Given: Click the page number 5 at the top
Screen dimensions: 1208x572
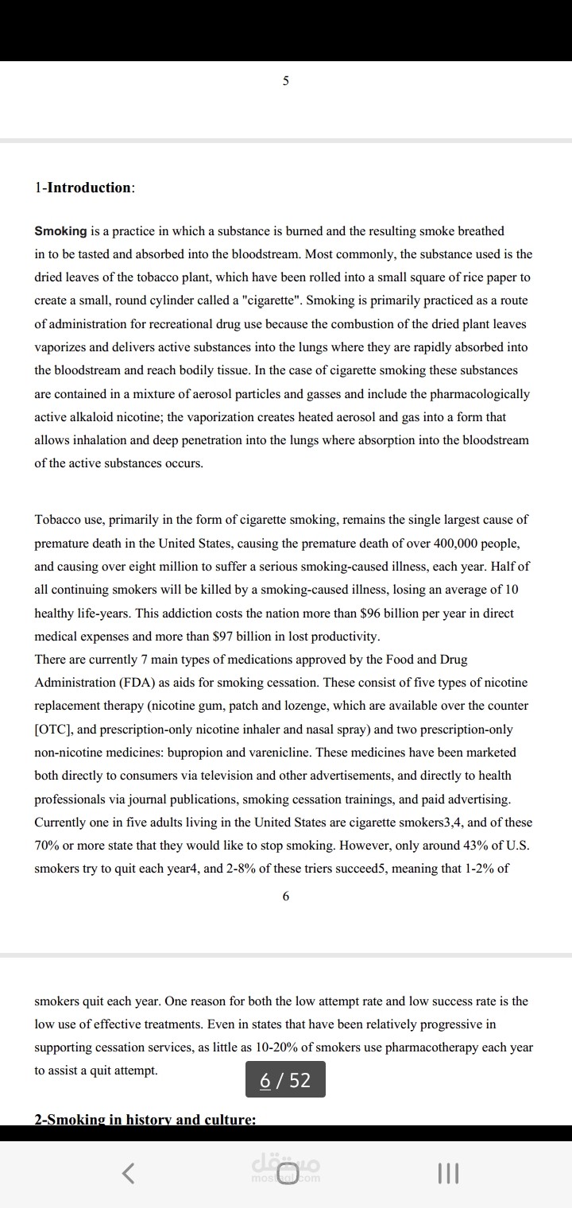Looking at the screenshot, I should [x=286, y=80].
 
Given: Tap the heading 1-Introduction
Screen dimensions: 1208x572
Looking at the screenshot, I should [x=84, y=188].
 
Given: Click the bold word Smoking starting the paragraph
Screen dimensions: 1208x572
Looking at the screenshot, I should [x=60, y=231].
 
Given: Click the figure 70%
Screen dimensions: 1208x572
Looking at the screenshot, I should [x=49, y=845].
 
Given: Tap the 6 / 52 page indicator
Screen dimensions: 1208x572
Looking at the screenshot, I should [x=285, y=1080].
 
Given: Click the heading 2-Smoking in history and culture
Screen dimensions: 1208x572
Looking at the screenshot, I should [x=145, y=1119].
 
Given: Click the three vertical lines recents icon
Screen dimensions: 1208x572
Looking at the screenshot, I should [x=448, y=1173].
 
